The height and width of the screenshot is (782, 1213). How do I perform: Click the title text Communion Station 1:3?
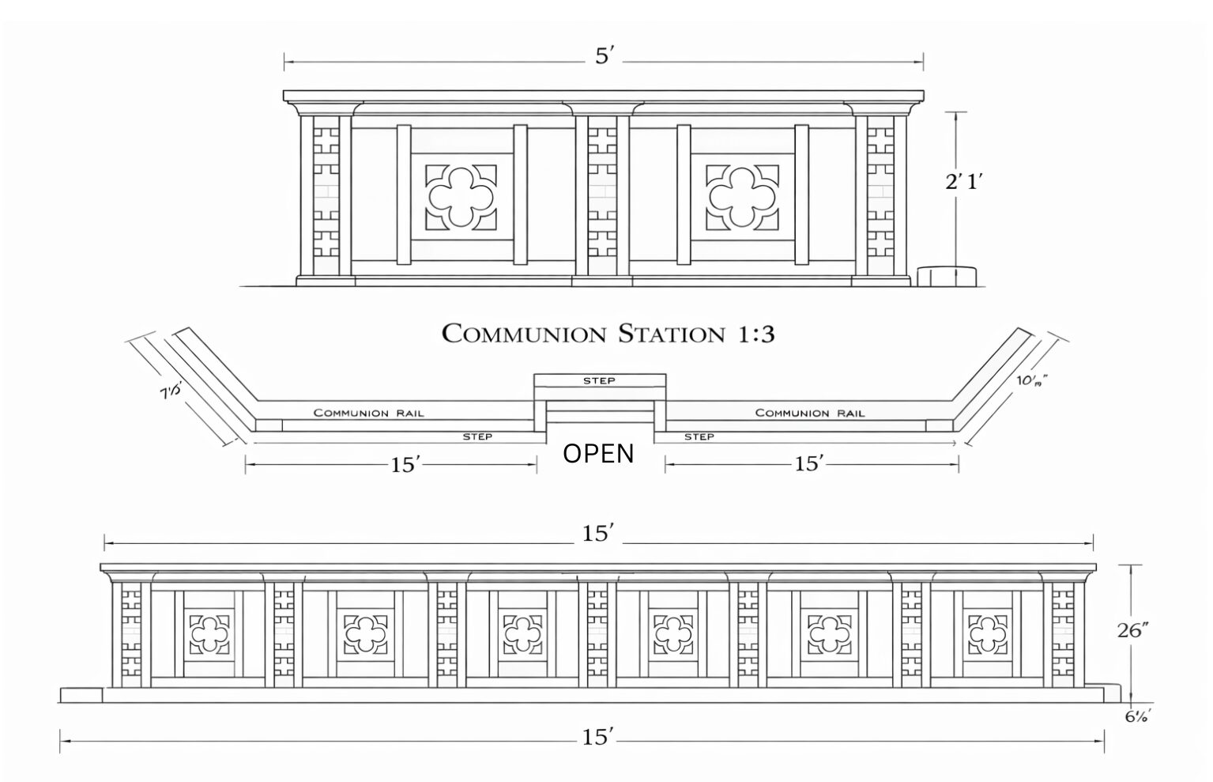point(607,334)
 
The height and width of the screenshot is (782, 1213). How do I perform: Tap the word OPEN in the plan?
point(598,454)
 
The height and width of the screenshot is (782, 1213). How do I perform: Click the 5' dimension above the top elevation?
point(604,57)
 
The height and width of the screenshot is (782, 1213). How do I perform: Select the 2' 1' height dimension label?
point(963,182)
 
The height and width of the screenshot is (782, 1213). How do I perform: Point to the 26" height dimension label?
point(1132,630)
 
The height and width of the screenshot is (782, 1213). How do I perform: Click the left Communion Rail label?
point(368,413)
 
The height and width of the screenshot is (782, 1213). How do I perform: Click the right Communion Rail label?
point(810,413)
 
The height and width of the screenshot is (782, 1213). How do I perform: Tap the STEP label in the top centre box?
point(599,381)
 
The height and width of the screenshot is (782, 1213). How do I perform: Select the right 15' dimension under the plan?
point(809,464)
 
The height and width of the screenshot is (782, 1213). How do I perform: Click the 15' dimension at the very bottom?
point(598,739)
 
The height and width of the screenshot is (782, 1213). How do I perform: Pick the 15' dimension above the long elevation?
point(598,535)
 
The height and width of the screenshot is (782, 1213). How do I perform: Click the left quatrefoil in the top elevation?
point(461,197)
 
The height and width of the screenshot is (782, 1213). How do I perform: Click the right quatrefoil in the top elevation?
point(741,197)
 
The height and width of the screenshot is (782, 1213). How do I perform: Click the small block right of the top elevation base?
point(947,276)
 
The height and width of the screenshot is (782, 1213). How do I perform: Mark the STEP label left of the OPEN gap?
point(477,436)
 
